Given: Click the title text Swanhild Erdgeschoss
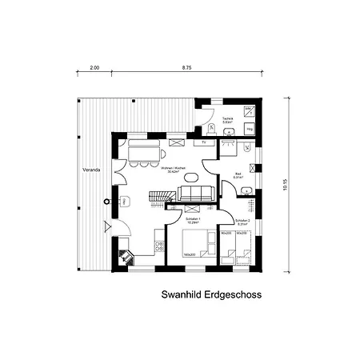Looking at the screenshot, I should tap(211, 294).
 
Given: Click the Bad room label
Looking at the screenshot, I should tap(238, 175).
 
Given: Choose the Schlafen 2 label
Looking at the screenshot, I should tap(242, 221).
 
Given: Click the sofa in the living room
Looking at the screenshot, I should tap(195, 193).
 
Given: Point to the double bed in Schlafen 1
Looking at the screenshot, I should tap(194, 243).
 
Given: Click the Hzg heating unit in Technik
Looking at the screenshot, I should tap(250, 127).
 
